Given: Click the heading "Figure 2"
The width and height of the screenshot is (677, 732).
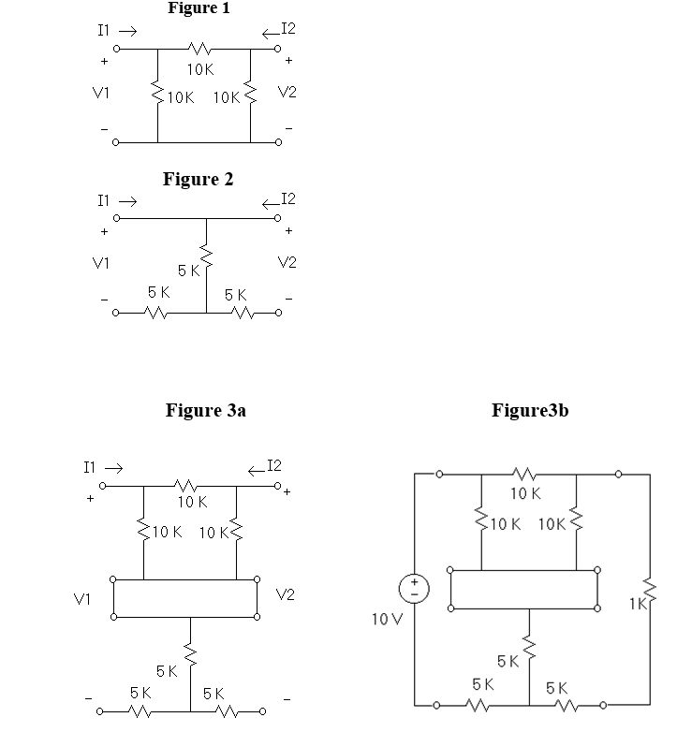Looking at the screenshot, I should pyautogui.click(x=198, y=180).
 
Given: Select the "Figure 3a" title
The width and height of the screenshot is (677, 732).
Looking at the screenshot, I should pyautogui.click(x=205, y=410).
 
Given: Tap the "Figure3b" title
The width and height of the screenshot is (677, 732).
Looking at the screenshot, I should pyautogui.click(x=529, y=410).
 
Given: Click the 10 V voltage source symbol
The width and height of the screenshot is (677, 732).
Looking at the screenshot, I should pyautogui.click(x=414, y=589).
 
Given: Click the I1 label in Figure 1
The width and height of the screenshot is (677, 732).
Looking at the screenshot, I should pyautogui.click(x=106, y=31).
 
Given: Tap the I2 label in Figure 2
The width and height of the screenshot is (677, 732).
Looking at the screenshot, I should pyautogui.click(x=287, y=198).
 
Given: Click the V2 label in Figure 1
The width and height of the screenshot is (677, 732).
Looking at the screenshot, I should pyautogui.click(x=287, y=93).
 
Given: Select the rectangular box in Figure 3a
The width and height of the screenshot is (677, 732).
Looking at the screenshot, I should pyautogui.click(x=185, y=598).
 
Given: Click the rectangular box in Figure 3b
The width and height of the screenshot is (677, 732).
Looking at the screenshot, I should pyautogui.click(x=523, y=589).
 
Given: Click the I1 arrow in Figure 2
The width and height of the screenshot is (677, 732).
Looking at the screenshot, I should pyautogui.click(x=128, y=201).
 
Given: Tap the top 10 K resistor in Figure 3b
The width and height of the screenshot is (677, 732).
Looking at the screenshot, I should pyautogui.click(x=523, y=475).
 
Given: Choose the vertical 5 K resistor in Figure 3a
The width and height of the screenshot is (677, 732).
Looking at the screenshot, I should pyautogui.click(x=191, y=651).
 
